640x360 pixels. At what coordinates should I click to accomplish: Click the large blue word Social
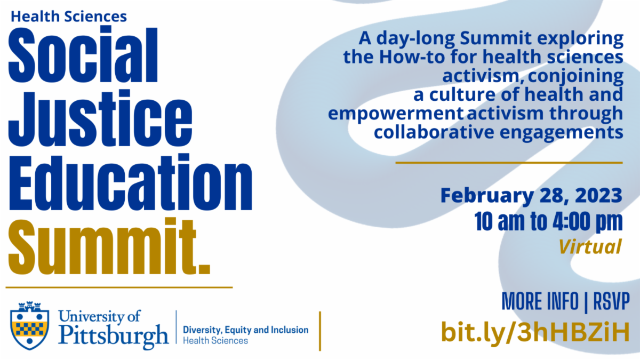(83, 54)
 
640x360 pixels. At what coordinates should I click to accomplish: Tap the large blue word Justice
(100, 118)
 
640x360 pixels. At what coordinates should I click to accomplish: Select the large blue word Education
(131, 182)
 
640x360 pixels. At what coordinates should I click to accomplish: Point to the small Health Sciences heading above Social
(69, 17)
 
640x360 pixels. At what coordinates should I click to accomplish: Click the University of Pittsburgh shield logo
(29, 326)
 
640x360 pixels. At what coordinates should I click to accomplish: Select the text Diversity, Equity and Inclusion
(246, 330)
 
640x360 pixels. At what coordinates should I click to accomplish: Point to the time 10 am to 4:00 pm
(548, 222)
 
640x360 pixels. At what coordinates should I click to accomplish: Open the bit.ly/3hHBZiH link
(535, 332)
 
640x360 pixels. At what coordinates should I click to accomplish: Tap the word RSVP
(611, 301)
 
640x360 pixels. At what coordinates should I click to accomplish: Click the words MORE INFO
(540, 301)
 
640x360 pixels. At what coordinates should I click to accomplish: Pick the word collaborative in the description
(434, 132)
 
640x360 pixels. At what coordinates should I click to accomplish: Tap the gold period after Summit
(205, 269)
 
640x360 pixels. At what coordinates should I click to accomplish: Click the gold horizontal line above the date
(509, 163)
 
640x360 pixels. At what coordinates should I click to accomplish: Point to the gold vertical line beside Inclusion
(320, 331)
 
